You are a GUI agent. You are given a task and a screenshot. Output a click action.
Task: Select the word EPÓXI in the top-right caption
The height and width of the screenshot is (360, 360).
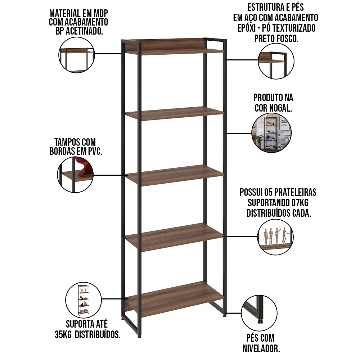(246, 28)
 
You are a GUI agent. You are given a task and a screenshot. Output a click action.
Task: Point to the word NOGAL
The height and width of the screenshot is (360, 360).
(280, 108)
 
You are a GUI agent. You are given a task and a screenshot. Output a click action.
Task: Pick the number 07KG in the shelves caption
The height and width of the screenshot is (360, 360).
(300, 203)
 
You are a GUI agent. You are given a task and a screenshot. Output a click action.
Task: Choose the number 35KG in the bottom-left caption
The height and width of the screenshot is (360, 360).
(63, 334)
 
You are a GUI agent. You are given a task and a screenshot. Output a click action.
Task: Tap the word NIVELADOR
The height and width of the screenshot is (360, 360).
(261, 348)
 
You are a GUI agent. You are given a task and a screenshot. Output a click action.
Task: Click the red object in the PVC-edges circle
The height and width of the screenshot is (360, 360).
(84, 167)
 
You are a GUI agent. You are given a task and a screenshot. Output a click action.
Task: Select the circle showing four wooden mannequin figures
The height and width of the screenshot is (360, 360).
(275, 237)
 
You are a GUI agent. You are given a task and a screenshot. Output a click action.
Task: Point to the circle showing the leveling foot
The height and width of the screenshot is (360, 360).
(259, 313)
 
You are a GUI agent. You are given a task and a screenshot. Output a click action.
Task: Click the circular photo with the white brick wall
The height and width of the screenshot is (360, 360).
(271, 133)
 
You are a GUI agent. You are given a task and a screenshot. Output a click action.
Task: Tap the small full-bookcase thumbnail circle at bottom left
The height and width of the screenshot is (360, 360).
(84, 300)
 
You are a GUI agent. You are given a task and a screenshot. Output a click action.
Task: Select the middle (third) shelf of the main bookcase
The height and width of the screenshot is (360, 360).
(175, 175)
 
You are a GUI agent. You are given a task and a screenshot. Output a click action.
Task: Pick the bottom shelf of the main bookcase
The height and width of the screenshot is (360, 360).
(175, 299)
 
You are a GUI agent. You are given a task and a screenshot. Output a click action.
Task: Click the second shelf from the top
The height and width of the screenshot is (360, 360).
(175, 113)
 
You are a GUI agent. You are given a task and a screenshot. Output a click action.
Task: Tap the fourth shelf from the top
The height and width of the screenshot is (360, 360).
(175, 237)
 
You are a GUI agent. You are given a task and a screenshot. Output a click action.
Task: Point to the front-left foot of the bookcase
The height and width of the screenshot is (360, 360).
(140, 336)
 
